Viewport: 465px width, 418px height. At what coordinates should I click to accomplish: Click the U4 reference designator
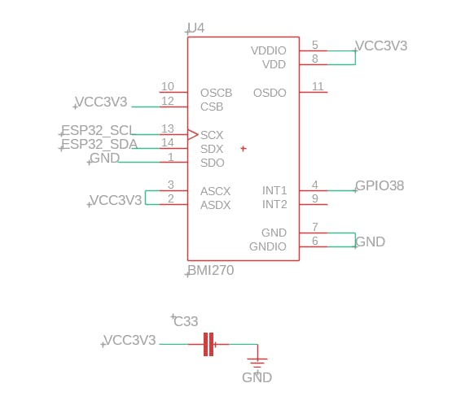(x=196, y=28)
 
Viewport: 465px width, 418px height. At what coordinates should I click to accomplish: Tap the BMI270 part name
(x=211, y=270)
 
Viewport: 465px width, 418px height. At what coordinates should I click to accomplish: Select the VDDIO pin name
(x=269, y=50)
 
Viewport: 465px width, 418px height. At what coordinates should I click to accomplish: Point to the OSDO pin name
(x=270, y=93)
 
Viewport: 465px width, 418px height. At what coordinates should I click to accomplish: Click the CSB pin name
(x=212, y=107)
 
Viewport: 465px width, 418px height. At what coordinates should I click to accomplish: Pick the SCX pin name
(x=212, y=135)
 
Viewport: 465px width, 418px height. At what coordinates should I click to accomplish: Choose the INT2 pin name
(x=274, y=204)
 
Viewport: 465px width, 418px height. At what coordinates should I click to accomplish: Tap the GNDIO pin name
(x=268, y=246)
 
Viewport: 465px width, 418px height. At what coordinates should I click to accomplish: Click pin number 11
(x=318, y=86)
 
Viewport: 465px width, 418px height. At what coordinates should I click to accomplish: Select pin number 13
(x=168, y=128)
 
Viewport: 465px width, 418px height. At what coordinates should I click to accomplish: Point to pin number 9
(x=315, y=198)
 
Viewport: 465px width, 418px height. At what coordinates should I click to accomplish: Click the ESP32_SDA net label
(x=99, y=144)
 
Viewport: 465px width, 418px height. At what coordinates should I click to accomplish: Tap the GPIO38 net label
(x=379, y=185)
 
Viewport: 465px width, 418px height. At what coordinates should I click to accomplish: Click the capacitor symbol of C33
(x=208, y=344)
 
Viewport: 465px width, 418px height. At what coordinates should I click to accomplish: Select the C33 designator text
(x=186, y=321)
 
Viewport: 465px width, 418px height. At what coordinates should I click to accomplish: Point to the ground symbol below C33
(x=257, y=363)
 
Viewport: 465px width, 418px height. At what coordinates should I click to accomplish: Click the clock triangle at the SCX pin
(x=193, y=135)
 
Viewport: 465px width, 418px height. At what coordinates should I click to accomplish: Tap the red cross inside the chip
(x=243, y=149)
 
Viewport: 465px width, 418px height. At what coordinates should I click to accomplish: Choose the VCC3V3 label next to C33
(x=130, y=340)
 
